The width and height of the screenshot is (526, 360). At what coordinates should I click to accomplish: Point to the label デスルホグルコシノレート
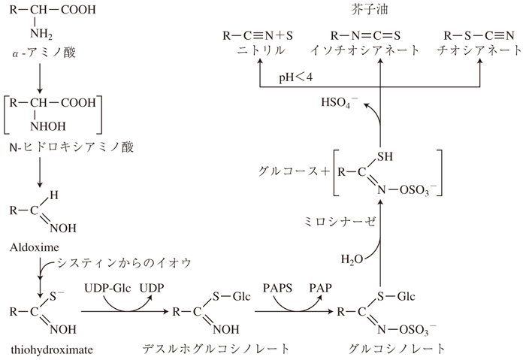[216, 349]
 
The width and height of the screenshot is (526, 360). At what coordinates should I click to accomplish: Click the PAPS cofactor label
[277, 289]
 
